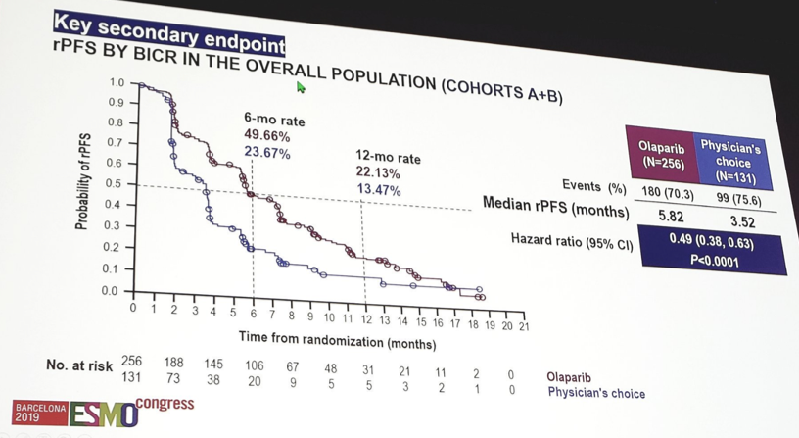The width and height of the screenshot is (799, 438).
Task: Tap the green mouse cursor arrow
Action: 302,88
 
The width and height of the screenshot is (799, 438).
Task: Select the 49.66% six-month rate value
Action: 267,136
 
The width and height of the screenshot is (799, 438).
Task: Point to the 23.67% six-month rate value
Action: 267,153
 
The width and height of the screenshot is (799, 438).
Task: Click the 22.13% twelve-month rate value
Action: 378,173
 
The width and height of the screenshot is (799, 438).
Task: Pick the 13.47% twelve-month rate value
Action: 378,190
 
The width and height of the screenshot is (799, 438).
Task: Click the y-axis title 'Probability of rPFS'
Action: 84,181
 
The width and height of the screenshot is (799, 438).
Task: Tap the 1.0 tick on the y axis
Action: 117,82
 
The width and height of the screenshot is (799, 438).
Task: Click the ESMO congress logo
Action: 103,412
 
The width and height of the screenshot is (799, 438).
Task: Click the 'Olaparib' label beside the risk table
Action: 569,377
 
